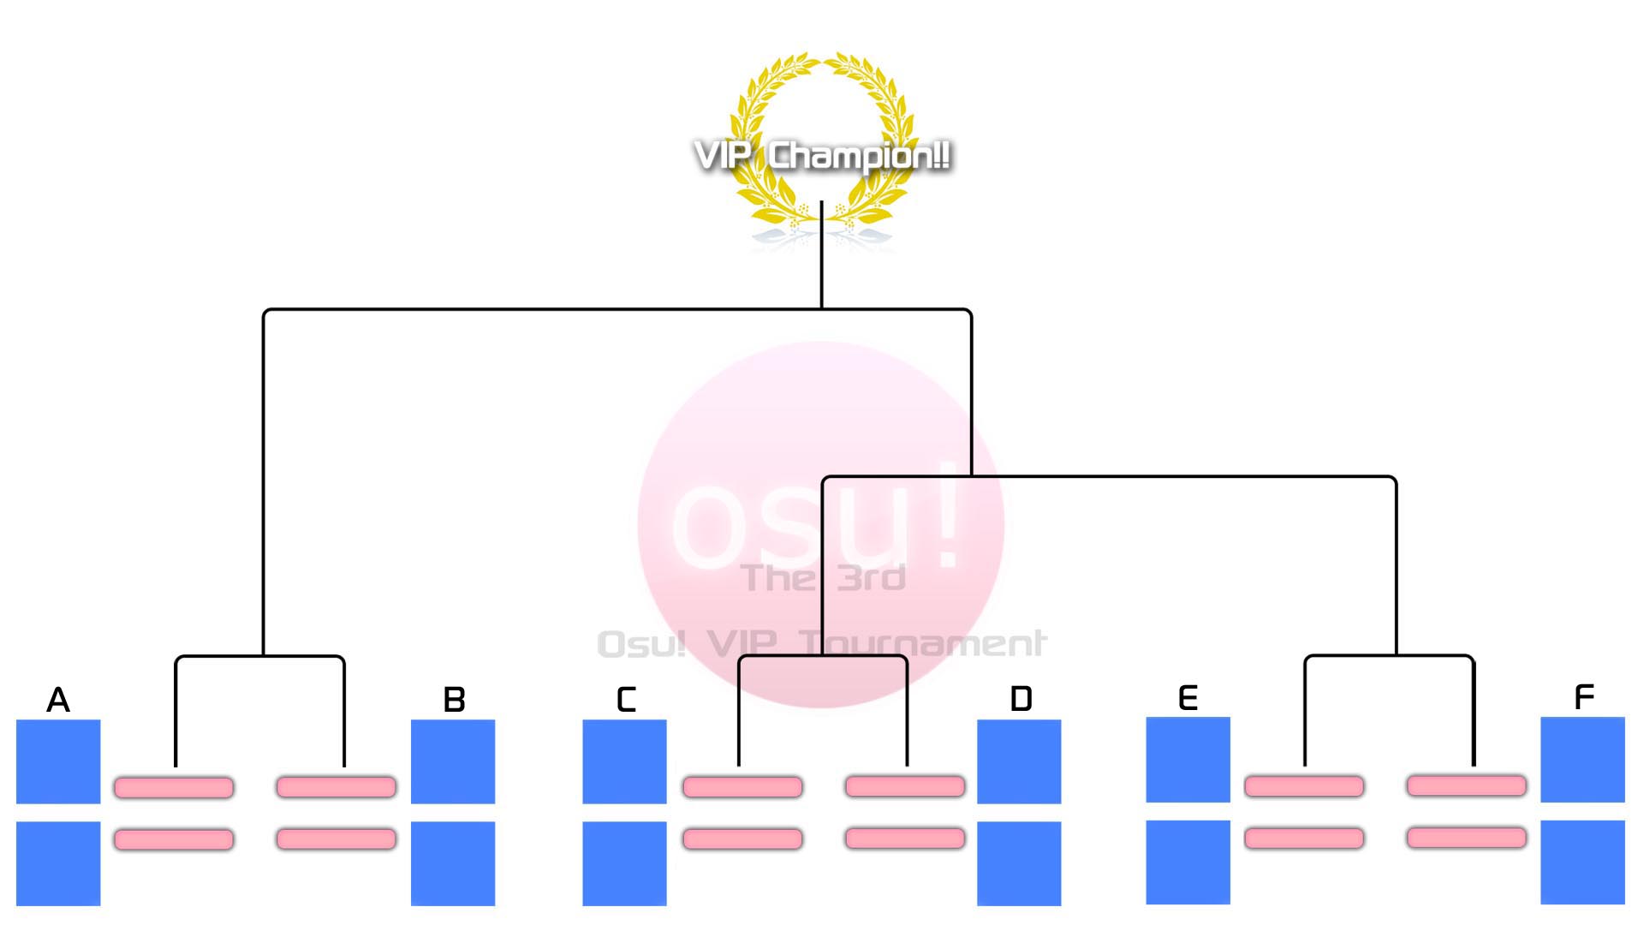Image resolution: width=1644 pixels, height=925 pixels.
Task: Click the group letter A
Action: tap(58, 700)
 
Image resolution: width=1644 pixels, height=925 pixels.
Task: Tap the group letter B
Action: tap(454, 700)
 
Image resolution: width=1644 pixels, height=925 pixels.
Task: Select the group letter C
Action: tap(626, 700)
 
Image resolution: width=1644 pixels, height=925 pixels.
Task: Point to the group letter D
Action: tap(1021, 699)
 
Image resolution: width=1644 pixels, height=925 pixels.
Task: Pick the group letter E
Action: tap(1188, 698)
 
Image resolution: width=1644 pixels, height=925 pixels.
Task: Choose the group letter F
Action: tap(1584, 697)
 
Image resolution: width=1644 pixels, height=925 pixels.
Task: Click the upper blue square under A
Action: tap(58, 761)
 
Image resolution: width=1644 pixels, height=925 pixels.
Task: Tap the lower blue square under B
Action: tap(453, 863)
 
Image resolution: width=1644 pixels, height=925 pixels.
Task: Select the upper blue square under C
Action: tap(624, 761)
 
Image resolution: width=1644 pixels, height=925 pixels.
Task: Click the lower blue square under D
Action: tap(1019, 863)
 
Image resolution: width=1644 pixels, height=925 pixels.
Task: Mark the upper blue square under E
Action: tap(1188, 760)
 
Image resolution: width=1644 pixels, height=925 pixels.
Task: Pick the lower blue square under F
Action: tap(1582, 862)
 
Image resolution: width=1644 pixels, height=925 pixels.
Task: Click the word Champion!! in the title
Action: tap(859, 156)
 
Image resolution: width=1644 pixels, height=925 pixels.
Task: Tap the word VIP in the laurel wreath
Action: tap(724, 156)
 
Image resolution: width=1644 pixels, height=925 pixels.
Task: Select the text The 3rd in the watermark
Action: tap(824, 578)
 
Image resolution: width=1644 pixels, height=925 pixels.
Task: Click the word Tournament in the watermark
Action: tap(922, 643)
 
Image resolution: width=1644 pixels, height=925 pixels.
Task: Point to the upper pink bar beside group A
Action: tap(174, 787)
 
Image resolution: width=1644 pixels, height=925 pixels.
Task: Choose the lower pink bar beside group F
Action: tap(1466, 837)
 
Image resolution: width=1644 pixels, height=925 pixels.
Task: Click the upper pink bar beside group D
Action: tap(905, 786)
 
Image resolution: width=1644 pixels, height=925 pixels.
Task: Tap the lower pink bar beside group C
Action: tap(742, 838)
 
